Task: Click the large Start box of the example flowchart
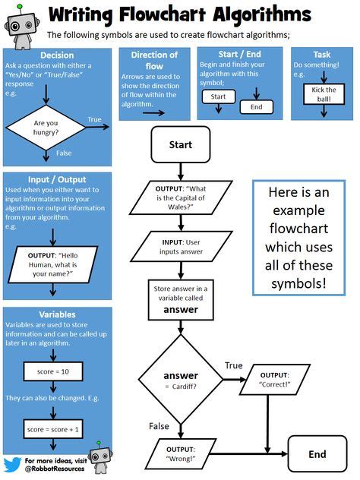[180, 144]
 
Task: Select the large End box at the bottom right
[317, 454]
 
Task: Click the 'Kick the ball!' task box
[324, 95]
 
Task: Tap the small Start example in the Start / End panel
[218, 97]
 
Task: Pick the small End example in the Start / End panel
[256, 107]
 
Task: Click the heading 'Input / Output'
[57, 181]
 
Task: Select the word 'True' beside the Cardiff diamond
[233, 366]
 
